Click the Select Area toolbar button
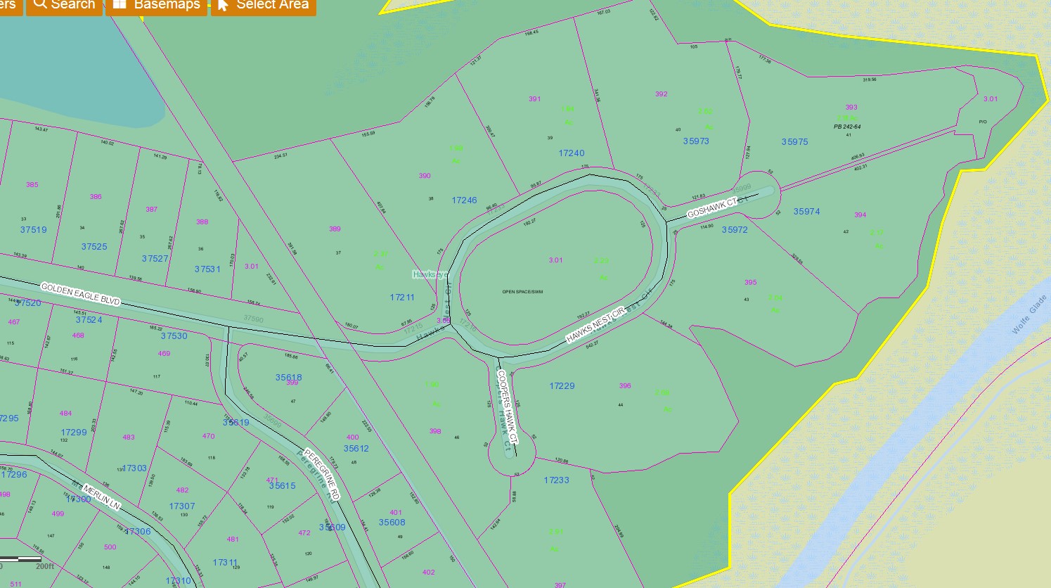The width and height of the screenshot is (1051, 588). click(264, 5)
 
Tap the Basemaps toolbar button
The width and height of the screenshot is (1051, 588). click(157, 5)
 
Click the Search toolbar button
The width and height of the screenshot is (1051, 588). click(64, 5)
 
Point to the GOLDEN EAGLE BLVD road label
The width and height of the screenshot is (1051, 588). click(80, 294)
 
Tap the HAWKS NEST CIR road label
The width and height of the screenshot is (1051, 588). click(595, 326)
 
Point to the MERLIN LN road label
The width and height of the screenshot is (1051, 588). click(102, 497)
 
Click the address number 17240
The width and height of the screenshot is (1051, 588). click(572, 153)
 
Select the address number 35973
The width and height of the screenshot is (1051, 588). click(696, 141)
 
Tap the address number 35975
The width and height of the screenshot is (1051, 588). click(794, 141)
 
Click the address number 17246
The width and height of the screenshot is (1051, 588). click(464, 200)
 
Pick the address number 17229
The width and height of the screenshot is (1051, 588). click(562, 385)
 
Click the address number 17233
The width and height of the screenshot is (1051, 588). click(556, 480)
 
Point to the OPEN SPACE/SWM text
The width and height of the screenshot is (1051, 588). click(522, 291)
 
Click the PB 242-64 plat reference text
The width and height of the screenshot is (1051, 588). click(847, 127)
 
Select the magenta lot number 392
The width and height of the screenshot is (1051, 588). click(661, 94)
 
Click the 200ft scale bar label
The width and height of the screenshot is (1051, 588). click(44, 566)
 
